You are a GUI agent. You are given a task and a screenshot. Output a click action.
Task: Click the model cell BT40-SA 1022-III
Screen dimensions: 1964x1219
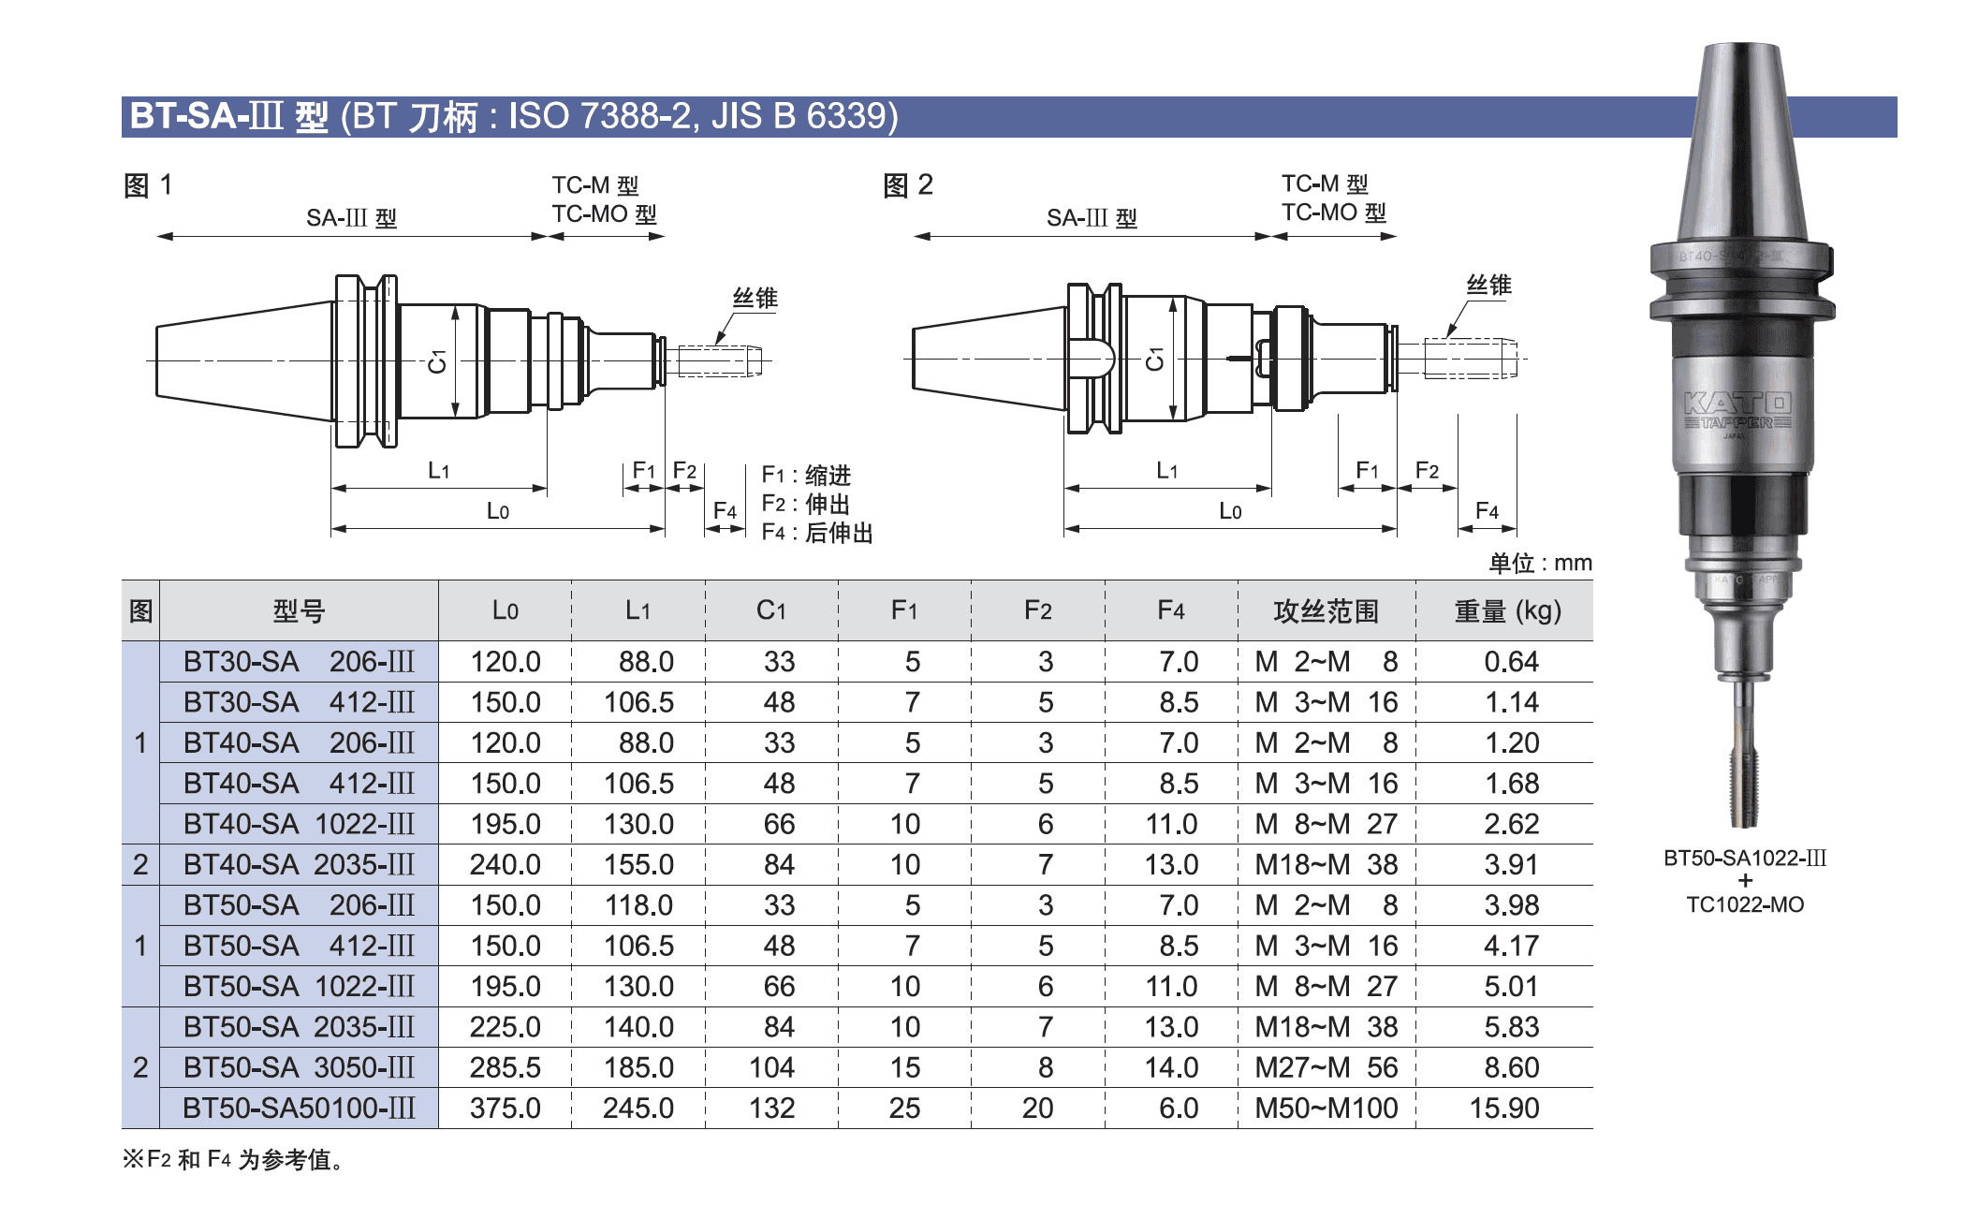pyautogui.click(x=299, y=824)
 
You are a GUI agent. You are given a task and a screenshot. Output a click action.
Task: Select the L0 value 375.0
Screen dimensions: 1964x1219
pyautogui.click(x=506, y=1108)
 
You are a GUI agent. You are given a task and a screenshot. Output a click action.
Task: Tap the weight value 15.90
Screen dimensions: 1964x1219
pyautogui.click(x=1504, y=1108)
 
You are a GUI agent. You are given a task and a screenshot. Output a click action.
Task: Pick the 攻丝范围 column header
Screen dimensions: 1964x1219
pyautogui.click(x=1326, y=611)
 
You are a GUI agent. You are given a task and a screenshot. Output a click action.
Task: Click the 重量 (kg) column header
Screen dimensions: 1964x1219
pyautogui.click(x=1508, y=611)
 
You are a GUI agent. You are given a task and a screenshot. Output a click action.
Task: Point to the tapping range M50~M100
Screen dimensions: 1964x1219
pyautogui.click(x=1326, y=1108)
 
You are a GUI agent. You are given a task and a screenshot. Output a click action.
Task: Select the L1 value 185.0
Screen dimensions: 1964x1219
pyautogui.click(x=638, y=1067)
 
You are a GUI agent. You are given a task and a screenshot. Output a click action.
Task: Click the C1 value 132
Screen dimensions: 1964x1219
pyautogui.click(x=771, y=1108)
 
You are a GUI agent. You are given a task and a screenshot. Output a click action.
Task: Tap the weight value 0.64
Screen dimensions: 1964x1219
pyautogui.click(x=1511, y=662)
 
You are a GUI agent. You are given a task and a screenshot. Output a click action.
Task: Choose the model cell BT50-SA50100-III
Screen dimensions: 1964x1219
pyautogui.click(x=299, y=1108)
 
